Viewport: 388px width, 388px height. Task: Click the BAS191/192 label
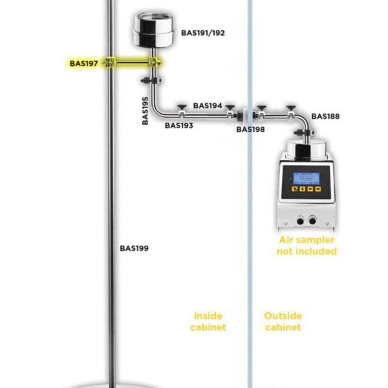(x=203, y=32)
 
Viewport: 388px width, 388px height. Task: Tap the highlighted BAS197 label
(x=84, y=63)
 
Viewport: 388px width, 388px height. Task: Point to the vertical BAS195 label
(x=146, y=110)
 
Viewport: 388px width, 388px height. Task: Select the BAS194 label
(x=208, y=105)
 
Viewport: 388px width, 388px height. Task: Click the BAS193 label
(x=178, y=125)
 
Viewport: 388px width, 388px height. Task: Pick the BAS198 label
(x=250, y=129)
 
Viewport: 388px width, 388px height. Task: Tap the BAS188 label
(x=325, y=117)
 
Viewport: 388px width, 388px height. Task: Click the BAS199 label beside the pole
(x=135, y=248)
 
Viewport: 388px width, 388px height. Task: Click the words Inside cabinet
(x=208, y=321)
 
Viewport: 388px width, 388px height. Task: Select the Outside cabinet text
(x=283, y=321)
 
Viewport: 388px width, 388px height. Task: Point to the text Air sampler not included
(x=307, y=246)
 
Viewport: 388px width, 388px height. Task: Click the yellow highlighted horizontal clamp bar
(x=133, y=63)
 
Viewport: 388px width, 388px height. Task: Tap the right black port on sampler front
(x=314, y=220)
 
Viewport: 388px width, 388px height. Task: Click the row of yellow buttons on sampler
(x=307, y=189)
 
